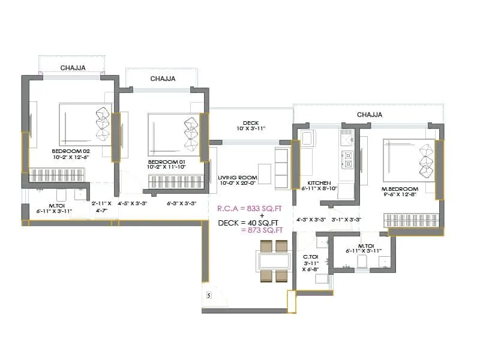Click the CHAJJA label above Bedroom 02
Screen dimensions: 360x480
[x=72, y=68]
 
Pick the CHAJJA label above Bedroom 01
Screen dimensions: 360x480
[x=163, y=79]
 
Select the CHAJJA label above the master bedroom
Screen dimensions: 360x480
[x=370, y=114]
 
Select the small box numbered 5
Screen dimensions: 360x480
[x=208, y=295]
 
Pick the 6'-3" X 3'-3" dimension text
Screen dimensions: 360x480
[x=182, y=204]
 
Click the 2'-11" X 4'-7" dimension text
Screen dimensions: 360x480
[x=101, y=207]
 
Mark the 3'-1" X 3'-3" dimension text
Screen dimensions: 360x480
[x=346, y=220]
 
